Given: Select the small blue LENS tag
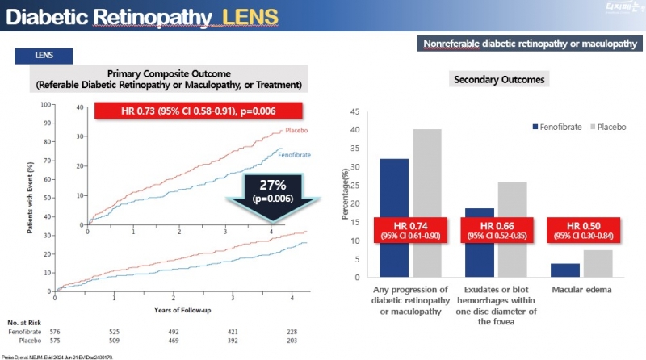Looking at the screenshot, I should (44, 56).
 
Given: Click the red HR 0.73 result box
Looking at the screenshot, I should (197, 111).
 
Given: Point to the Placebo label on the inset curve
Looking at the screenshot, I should (297, 130).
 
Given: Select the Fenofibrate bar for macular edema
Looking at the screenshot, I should (564, 270).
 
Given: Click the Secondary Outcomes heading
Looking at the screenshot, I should (500, 80).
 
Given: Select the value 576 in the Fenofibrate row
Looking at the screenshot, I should (56, 331).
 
